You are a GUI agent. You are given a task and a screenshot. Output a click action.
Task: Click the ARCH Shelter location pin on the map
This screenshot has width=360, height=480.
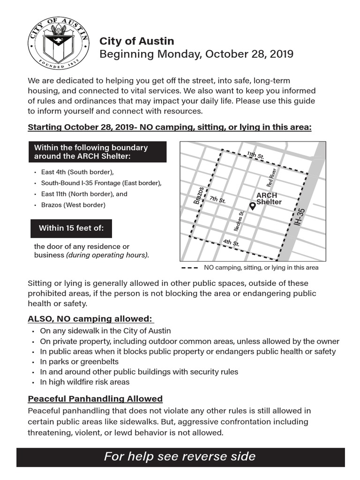coord(252,206)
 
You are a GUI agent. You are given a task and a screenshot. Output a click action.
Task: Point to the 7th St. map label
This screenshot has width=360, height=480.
coord(217,200)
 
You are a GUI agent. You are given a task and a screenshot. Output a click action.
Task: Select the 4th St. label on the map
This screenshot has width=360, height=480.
coord(231,243)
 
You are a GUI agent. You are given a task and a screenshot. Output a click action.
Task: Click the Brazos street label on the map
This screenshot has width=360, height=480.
coord(199,195)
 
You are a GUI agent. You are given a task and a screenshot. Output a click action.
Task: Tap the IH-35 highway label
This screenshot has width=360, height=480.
coord(301,217)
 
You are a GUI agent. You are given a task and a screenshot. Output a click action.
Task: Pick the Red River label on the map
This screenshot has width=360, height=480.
coord(272,177)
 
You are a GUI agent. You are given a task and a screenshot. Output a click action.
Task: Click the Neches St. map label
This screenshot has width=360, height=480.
coord(239,221)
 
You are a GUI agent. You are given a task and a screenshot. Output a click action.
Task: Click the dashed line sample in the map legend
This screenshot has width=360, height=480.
coord(189,268)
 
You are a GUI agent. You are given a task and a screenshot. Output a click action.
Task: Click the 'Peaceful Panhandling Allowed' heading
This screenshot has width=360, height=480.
coord(95,399)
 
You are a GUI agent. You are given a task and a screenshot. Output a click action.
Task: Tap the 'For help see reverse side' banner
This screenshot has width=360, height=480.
coord(180,457)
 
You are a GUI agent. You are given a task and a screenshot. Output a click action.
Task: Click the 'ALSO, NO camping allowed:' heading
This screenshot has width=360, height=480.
coord(90,319)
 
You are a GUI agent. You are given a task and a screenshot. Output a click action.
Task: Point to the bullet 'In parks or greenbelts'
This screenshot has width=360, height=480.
coord(79,361)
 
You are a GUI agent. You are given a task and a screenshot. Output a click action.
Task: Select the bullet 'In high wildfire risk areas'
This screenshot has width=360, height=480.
coord(85,382)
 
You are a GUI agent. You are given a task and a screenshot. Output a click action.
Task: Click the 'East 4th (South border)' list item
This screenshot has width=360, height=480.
coord(77,172)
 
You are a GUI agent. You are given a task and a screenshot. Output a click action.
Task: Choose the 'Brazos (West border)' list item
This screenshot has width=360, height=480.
coord(73,205)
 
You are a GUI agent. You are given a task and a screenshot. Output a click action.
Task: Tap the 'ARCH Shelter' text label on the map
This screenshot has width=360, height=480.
coord(269,198)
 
